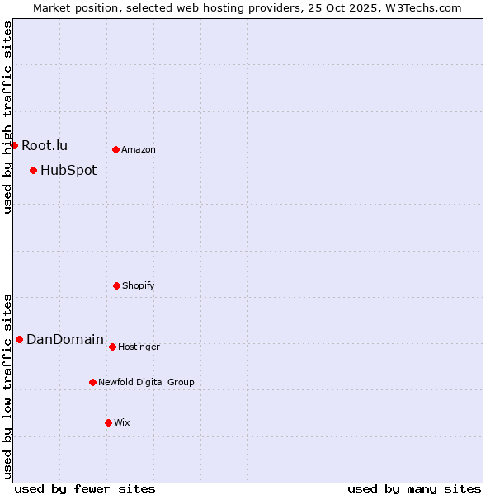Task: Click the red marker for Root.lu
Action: coord(14,145)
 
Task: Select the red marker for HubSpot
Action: coord(33,170)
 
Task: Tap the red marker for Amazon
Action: coord(115,149)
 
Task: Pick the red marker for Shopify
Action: coord(116,285)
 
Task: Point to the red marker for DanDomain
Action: coord(19,339)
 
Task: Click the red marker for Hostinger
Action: coord(112,346)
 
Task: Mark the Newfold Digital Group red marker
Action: coord(92,382)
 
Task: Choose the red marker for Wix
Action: coord(108,422)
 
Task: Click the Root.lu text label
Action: coord(45,146)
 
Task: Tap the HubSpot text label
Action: coord(68,171)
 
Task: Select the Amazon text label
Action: coord(139,150)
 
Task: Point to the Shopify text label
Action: coord(139,286)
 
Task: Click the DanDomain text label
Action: coord(65,340)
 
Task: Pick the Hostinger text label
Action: coord(139,347)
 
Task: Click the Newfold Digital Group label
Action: coord(146,383)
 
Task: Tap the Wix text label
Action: coord(122,423)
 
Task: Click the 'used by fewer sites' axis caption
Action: coord(85,489)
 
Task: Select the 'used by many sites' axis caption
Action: coord(414,489)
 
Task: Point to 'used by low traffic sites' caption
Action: coord(8,386)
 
